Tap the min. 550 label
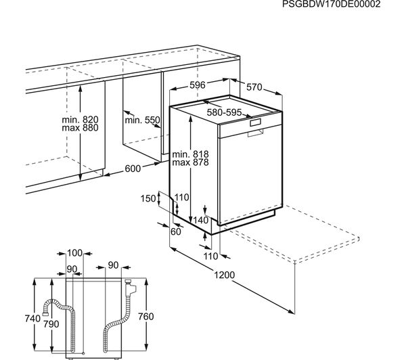point(142,120)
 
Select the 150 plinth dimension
point(148,199)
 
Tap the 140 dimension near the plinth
point(201,220)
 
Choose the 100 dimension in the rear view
point(74,253)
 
